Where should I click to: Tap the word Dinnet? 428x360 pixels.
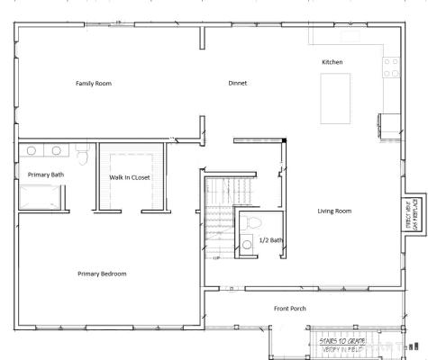click(x=237, y=83)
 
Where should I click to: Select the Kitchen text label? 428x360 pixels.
click(x=332, y=61)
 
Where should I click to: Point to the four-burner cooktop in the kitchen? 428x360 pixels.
click(x=391, y=67)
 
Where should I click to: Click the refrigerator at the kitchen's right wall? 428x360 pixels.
click(x=389, y=125)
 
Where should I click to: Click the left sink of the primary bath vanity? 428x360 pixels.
click(x=32, y=151)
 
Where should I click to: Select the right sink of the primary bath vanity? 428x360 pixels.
click(x=57, y=151)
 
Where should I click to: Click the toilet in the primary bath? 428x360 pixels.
click(x=82, y=157)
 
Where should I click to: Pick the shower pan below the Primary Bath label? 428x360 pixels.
click(x=39, y=196)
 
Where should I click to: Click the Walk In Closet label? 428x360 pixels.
click(x=130, y=177)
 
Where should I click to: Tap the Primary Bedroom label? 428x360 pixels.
click(x=102, y=274)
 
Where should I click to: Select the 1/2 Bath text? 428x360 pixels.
click(x=270, y=240)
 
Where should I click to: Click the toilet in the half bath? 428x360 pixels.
click(x=252, y=221)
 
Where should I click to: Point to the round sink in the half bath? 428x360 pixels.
click(x=246, y=242)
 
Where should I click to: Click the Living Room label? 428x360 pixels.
click(x=334, y=211)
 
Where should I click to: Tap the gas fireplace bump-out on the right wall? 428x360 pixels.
click(x=412, y=215)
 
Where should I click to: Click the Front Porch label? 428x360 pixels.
click(x=290, y=309)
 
